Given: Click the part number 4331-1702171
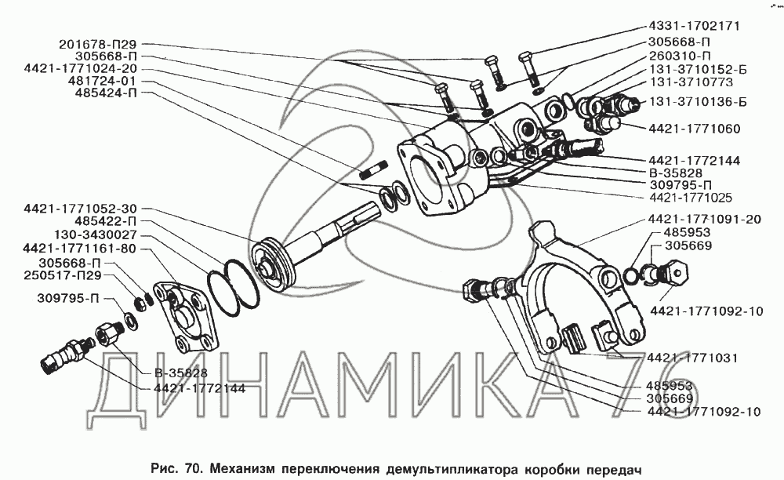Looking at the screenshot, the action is [694, 26].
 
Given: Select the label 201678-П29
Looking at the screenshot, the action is [97, 45].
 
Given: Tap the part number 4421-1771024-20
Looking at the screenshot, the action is [80, 68].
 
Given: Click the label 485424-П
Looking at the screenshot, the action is [106, 93].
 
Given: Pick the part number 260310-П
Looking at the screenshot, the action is [680, 56].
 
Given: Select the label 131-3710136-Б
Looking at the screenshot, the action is [698, 102].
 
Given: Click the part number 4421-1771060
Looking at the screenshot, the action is [695, 129].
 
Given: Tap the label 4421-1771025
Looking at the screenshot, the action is [691, 198].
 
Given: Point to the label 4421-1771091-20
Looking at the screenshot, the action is [705, 219].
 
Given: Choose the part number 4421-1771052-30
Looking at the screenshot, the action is [80, 209].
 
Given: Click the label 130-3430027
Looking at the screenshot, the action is [96, 235].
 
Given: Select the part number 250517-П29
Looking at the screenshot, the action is [62, 275].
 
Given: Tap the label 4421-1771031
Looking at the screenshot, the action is [692, 358].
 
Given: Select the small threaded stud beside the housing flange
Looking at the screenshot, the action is [373, 169].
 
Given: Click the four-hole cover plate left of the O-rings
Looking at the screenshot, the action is [186, 317].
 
